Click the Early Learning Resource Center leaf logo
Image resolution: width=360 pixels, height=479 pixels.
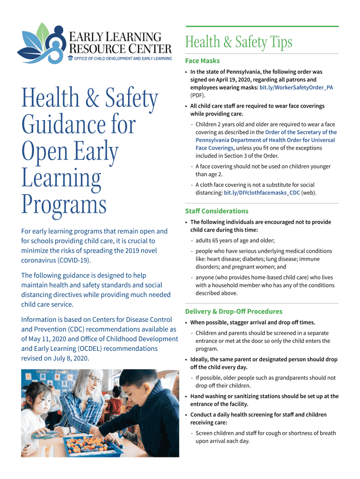pos(42,43)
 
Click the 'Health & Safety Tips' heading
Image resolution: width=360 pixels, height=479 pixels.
pos(238,43)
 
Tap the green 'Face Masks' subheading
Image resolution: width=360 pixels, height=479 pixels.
pos(202,61)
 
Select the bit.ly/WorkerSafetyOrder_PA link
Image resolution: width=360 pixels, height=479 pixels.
pos(296,87)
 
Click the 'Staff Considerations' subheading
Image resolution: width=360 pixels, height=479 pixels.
pos(217,211)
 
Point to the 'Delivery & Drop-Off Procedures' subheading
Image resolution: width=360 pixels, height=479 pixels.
pos(234,312)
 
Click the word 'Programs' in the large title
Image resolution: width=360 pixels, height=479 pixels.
pos(64,205)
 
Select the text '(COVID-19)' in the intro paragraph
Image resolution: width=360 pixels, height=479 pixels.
pos(74,260)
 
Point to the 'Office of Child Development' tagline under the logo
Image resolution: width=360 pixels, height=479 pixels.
pos(123,58)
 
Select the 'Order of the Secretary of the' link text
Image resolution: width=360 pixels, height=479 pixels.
pos(301,132)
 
